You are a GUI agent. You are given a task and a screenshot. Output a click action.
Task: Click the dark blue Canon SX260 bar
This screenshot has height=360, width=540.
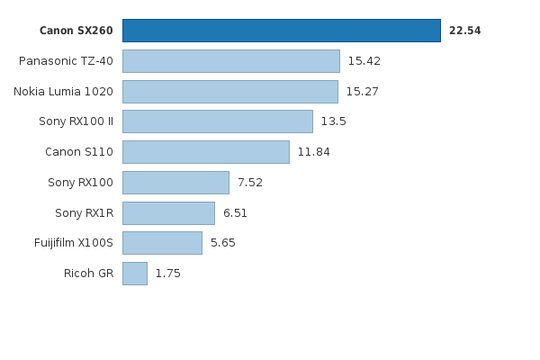[281, 31]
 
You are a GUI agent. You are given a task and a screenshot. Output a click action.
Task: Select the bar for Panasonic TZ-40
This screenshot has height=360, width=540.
[230, 61]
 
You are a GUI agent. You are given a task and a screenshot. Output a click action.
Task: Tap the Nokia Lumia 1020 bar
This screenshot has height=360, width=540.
[229, 92]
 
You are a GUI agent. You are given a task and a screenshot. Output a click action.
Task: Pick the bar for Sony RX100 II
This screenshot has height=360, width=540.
[217, 121]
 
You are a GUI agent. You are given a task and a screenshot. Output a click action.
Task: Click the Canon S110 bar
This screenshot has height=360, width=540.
[205, 152]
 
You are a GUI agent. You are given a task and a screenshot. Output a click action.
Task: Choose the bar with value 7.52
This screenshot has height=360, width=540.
[175, 183]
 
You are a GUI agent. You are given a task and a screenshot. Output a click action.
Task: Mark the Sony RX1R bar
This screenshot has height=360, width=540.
[168, 213]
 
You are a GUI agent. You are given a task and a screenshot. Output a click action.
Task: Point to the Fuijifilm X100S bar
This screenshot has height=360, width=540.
[162, 243]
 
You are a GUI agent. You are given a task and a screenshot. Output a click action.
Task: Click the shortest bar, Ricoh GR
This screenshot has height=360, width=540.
[134, 274]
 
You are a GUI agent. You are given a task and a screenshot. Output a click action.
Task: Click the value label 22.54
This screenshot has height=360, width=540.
[464, 31]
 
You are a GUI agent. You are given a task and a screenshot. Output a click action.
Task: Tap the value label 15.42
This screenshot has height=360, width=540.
[364, 61]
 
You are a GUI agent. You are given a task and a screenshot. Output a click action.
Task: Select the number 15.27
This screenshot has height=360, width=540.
[362, 92]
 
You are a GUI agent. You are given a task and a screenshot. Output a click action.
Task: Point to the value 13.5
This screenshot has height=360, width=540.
[333, 121]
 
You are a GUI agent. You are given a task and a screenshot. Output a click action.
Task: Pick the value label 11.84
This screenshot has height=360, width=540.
[313, 152]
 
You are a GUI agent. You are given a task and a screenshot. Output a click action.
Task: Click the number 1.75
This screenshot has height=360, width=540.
[167, 274]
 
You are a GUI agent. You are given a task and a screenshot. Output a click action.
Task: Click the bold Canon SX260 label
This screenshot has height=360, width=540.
[76, 31]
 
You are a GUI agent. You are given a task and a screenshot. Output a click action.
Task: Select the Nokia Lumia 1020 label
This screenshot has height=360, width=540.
[63, 92]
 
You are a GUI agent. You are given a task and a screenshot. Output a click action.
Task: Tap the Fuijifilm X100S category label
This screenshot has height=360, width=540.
[74, 243]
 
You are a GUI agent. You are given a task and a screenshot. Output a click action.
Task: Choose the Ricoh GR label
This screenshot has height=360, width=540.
[88, 274]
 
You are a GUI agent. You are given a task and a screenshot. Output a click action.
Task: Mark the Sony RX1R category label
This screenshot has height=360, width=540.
[84, 213]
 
